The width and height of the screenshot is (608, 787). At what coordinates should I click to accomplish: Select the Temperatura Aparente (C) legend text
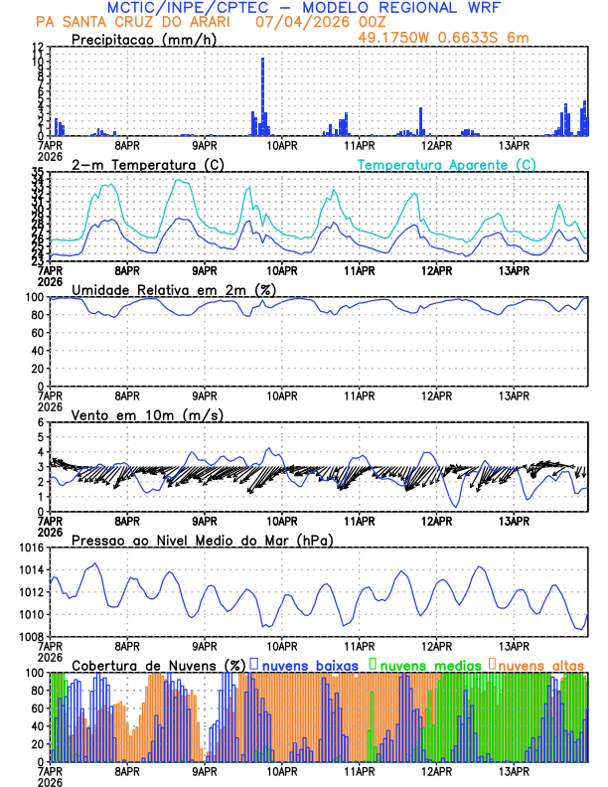pyautogui.click(x=446, y=164)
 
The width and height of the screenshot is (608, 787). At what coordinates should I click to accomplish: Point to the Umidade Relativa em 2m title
pyautogui.click(x=173, y=289)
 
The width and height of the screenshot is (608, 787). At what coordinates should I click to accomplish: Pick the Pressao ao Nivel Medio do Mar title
pyautogui.click(x=202, y=540)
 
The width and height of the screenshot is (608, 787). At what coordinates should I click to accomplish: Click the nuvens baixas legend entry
pyautogui.click(x=303, y=665)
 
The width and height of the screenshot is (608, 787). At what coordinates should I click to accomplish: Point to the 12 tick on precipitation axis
pyautogui.click(x=37, y=47)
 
